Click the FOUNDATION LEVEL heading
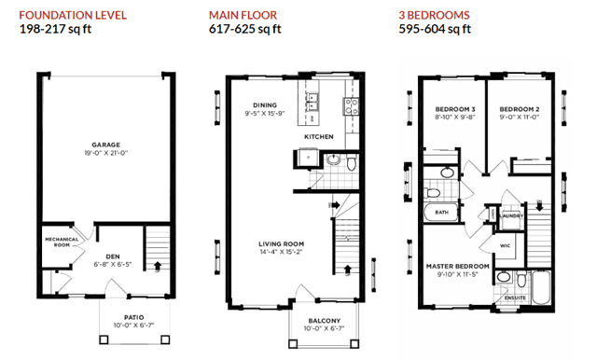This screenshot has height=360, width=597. point(73,15)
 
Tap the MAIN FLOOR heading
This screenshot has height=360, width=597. point(243,15)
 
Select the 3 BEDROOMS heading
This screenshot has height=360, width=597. point(434,15)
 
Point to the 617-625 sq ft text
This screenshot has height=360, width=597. point(244,29)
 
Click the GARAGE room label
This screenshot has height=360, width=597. point(105,145)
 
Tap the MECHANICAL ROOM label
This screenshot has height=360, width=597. point(62,242)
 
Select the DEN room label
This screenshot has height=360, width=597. point(113,256)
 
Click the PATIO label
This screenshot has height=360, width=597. point(134,317)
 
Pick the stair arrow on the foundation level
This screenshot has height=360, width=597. point(158,266)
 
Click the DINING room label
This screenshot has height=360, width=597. point(265,105)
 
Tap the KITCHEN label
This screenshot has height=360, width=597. point(319,136)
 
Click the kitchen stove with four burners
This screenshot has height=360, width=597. point(351,106)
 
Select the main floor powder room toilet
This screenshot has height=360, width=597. point(352,162)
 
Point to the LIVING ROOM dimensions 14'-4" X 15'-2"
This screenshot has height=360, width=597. point(281,252)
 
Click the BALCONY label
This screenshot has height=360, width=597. point(325,321)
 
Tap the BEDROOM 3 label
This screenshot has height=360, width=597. point(455,109)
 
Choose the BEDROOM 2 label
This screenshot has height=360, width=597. point(520,109)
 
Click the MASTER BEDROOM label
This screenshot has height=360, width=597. point(458,267)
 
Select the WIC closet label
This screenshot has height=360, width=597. point(505,246)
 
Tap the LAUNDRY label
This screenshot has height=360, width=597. point(512,216)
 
